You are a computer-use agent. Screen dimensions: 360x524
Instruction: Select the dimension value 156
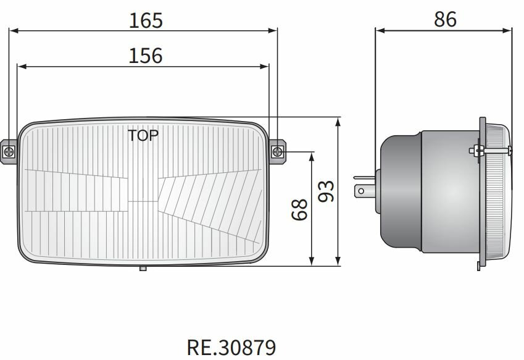146,56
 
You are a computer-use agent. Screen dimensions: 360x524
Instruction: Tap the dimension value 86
444,20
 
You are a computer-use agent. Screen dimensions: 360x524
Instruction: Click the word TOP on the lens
143,135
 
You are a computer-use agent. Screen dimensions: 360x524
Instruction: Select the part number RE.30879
231,346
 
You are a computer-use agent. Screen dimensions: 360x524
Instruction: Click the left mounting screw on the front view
9,151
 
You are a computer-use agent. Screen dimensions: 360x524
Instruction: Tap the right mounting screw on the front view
278,151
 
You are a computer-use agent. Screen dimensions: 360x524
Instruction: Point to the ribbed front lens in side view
499,191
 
